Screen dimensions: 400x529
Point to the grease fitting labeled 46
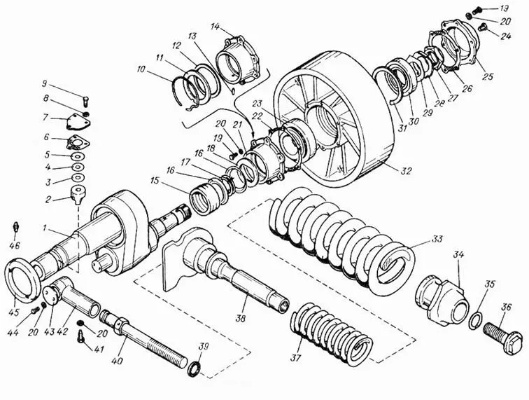pyautogui.click(x=14, y=228)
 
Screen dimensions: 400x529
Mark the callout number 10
pyautogui.click(x=142, y=69)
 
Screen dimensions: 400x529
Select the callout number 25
pyautogui.click(x=487, y=75)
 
